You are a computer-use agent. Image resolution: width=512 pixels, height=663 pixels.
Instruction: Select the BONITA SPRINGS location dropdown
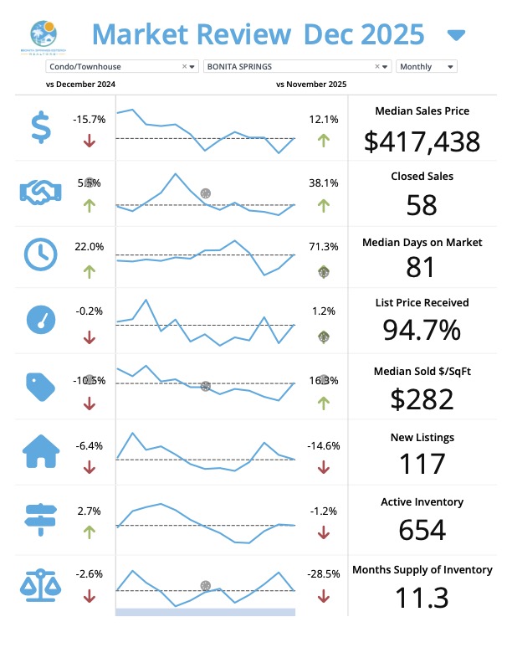click(297, 66)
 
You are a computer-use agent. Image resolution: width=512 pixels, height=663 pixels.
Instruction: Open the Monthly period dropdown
click(427, 66)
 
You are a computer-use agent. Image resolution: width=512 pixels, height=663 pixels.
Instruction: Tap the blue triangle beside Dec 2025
click(456, 35)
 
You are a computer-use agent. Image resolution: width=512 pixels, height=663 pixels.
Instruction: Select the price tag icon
click(39, 385)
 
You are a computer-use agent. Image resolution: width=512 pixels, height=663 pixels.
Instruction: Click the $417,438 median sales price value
click(422, 141)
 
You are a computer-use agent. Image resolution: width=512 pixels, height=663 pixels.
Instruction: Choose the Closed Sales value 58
click(422, 205)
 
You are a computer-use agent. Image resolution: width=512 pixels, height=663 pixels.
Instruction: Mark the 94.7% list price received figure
click(422, 331)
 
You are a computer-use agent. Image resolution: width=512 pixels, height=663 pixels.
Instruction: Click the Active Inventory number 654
click(422, 530)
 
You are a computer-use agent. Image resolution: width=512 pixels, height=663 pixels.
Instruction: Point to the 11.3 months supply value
click(422, 598)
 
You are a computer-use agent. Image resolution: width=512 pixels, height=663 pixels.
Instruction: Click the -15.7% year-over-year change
click(90, 120)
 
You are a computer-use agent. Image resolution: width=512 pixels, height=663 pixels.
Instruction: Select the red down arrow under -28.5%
click(323, 597)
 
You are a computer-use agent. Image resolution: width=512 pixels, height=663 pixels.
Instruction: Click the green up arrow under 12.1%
click(323, 140)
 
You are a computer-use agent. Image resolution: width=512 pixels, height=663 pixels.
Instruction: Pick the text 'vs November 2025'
click(310, 85)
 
